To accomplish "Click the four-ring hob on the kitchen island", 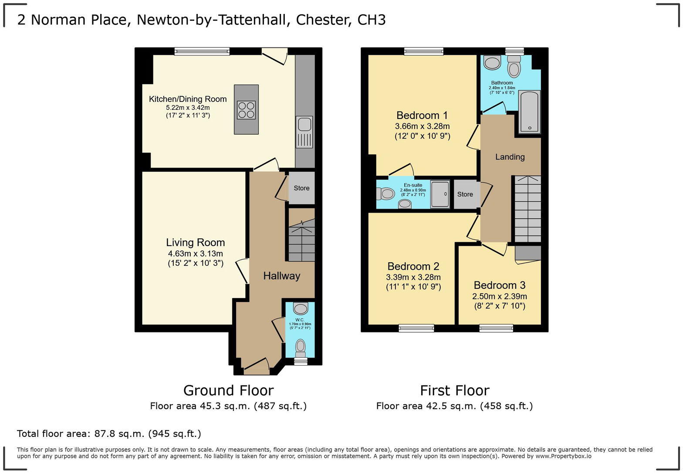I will pos(246,110).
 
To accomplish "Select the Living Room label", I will pos(195,243).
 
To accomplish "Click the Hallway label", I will pos(281,276).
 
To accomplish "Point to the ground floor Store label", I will pos(301,188).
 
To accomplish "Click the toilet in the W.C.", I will pos(301,348).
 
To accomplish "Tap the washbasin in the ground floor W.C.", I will pos(300,309).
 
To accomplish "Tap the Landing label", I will pos(510,157).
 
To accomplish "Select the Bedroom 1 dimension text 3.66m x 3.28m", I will pos(422,126).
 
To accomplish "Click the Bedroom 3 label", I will pos(499,285).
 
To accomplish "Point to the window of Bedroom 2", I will pos(416,328).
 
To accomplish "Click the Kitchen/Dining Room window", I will pos(202,51).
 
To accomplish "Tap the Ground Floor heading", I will pos(228,390).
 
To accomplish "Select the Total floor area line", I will pos(109,433).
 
